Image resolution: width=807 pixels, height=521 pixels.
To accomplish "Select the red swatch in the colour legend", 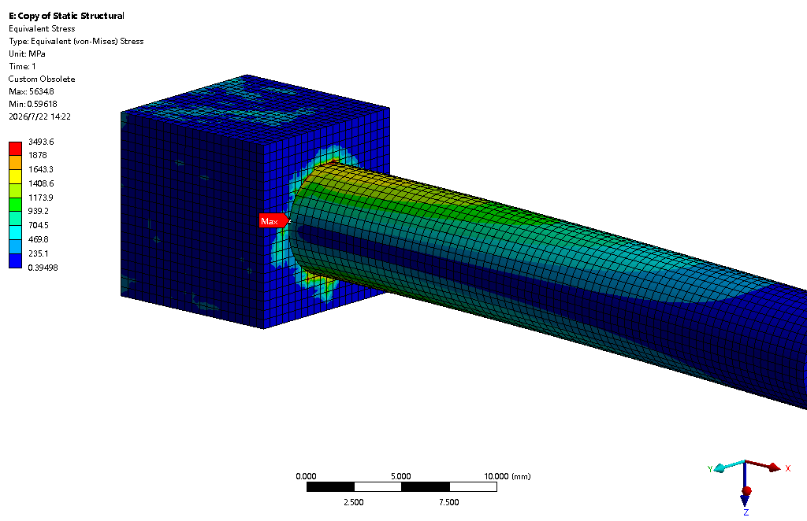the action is tap(16, 149).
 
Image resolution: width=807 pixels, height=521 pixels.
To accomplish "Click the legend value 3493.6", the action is tap(41, 142).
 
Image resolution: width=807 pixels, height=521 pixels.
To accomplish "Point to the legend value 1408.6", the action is tap(41, 183).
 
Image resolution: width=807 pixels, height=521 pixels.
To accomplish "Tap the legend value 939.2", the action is tap(39, 211).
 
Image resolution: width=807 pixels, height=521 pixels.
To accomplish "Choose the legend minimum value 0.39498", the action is tap(43, 268).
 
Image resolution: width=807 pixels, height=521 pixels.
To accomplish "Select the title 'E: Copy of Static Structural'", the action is tap(66, 16).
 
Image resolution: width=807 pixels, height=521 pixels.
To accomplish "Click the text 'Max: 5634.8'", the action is tap(32, 91).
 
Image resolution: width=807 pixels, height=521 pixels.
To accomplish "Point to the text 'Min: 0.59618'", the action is tap(33, 105).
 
